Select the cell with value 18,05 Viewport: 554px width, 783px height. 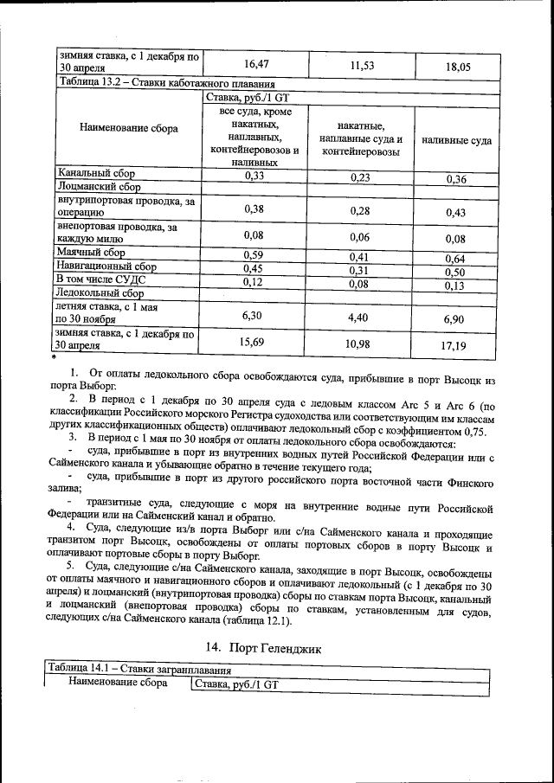click(455, 64)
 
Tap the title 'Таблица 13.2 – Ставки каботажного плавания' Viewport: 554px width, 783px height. click(166, 85)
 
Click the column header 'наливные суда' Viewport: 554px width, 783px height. click(457, 139)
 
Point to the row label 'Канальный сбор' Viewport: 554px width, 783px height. click(96, 173)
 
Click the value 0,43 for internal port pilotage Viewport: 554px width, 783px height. click(455, 211)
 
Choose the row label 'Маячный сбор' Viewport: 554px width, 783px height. click(91, 254)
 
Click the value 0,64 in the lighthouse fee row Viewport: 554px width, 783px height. click(455, 258)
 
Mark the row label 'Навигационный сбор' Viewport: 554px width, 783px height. click(106, 266)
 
